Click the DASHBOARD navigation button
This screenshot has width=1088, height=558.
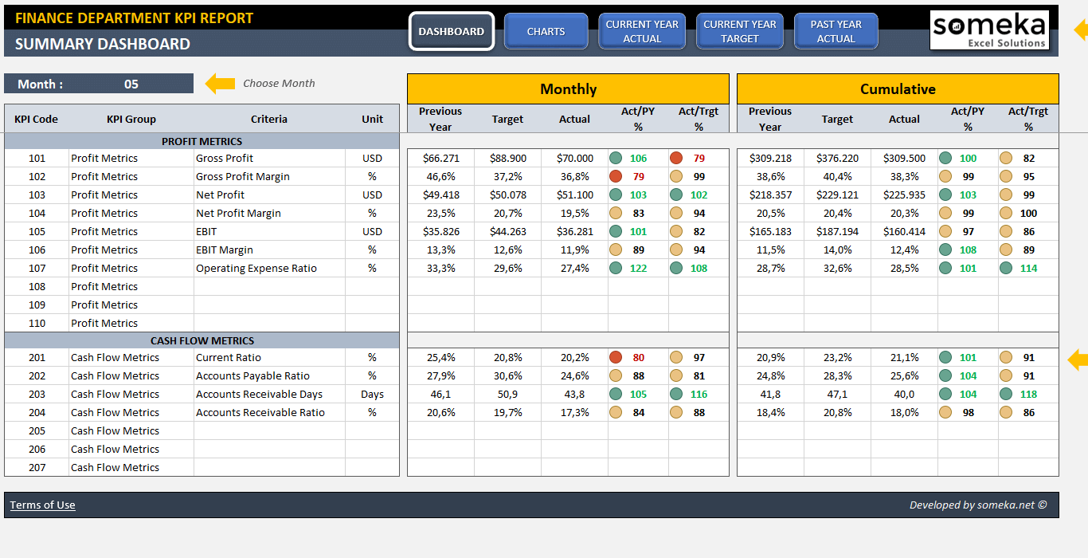tap(451, 32)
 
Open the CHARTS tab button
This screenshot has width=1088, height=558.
tap(546, 32)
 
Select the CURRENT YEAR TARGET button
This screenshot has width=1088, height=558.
tap(739, 32)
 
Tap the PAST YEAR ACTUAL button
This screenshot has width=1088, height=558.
tap(836, 32)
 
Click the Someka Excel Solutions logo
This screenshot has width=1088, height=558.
tap(989, 30)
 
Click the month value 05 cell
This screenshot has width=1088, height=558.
tap(131, 84)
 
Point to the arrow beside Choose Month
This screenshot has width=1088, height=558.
tap(221, 83)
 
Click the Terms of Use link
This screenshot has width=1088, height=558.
tap(43, 505)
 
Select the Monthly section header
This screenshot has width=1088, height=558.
tap(568, 89)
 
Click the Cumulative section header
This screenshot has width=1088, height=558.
tap(898, 89)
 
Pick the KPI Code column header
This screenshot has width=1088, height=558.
tap(37, 119)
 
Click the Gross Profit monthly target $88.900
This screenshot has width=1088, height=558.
tap(507, 159)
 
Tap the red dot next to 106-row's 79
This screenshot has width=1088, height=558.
tap(676, 158)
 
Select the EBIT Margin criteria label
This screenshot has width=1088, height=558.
tap(225, 250)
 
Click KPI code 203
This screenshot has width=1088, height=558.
tap(37, 395)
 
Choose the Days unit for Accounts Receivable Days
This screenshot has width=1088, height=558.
tap(372, 395)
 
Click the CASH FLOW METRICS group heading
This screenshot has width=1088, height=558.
tap(202, 341)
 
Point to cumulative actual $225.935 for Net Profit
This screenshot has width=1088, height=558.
tap(904, 195)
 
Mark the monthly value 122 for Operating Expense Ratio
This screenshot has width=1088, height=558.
tap(638, 269)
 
